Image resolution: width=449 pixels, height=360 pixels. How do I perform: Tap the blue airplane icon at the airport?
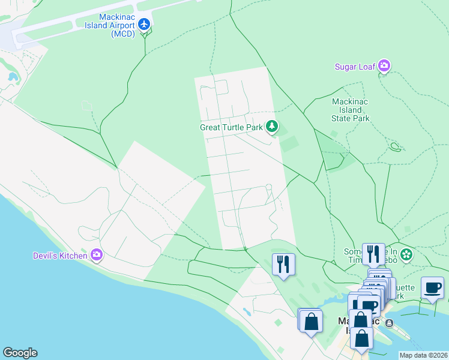click(x=143, y=24)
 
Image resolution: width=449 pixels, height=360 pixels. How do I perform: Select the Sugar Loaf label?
click(x=355, y=66)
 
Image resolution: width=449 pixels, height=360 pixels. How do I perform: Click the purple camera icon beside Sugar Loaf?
click(x=384, y=65)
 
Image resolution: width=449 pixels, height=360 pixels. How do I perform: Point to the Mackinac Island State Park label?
click(x=351, y=110)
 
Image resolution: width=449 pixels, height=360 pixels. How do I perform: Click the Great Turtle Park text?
click(x=231, y=127)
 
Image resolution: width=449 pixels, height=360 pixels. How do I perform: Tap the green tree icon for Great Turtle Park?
click(x=273, y=127)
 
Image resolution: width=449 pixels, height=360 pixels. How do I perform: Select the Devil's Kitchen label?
click(x=60, y=256)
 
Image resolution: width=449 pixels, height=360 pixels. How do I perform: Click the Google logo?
click(x=20, y=353)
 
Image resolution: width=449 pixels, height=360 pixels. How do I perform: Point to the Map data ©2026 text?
click(x=423, y=355)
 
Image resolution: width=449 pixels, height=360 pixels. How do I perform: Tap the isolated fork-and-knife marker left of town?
click(x=283, y=264)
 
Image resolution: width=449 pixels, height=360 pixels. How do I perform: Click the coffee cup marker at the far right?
click(x=432, y=288)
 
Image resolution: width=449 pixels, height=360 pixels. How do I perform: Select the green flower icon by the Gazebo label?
click(x=406, y=254)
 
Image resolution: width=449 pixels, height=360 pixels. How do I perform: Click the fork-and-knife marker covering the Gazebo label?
click(x=373, y=254)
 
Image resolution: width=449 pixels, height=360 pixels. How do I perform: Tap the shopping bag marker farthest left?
click(x=311, y=321)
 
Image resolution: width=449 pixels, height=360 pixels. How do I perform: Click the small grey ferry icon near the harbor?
click(x=390, y=323)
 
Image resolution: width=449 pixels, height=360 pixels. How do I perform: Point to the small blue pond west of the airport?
click(x=12, y=77)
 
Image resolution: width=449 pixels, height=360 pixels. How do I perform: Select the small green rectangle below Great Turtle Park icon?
click(x=289, y=144)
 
